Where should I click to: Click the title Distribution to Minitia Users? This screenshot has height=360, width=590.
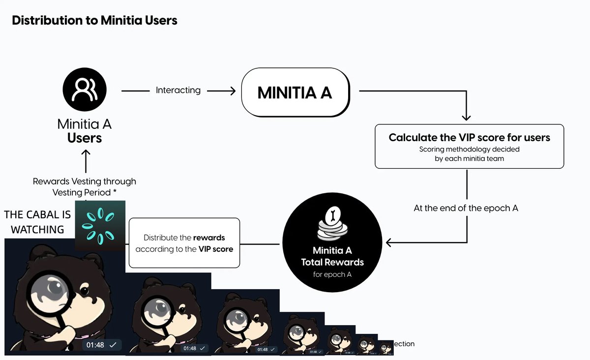coord(94,21)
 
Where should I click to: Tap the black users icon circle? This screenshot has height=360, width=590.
coord(85,90)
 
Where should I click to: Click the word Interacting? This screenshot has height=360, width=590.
coord(178,90)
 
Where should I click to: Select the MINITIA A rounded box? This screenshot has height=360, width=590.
coord(295,92)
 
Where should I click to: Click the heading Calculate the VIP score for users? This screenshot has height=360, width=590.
coord(469,138)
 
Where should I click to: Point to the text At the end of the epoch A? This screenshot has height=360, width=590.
coord(466,208)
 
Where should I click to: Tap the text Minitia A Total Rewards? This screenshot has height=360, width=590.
coord(332,256)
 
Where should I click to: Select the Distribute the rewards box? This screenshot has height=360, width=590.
coord(184,243)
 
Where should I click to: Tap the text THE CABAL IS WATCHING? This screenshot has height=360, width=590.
coord(37,222)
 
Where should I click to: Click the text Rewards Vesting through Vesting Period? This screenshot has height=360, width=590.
coord(85,187)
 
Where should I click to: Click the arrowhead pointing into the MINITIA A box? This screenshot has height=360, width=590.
coord(234,90)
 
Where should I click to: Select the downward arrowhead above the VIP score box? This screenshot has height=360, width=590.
coord(466,117)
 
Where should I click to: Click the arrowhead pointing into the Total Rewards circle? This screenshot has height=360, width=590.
coord(389,242)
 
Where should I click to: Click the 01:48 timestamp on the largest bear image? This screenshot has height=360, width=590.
coord(95,345)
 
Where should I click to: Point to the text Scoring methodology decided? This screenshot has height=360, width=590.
coord(469,149)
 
